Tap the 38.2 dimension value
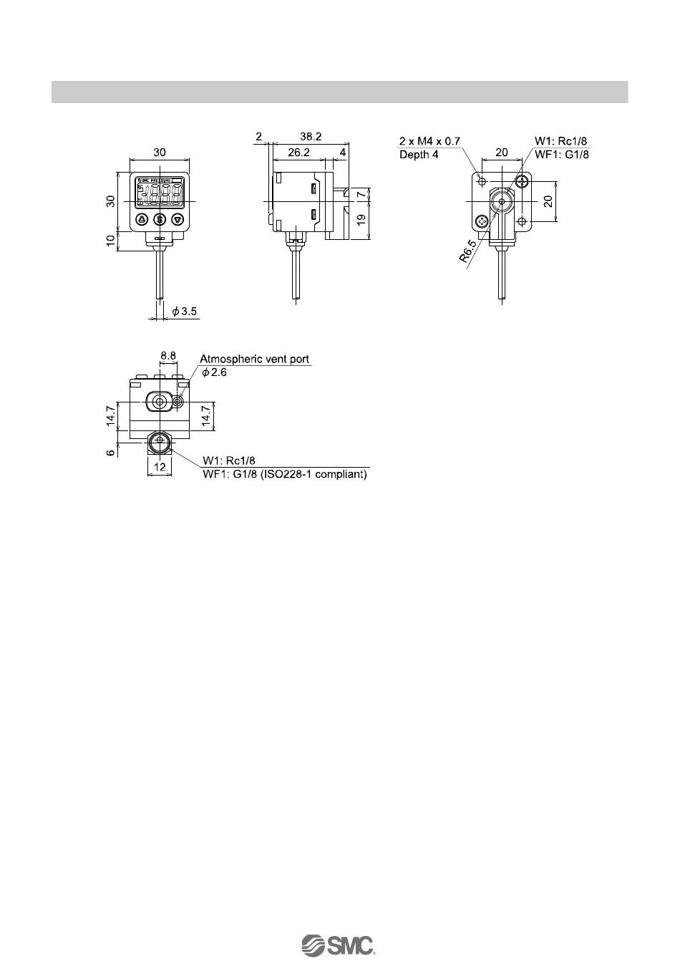311,137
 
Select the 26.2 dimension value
299,153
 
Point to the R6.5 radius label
468,251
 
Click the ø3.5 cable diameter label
184,312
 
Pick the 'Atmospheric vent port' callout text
255,360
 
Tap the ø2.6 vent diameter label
215,372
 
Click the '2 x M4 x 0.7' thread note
429,141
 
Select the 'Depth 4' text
419,155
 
